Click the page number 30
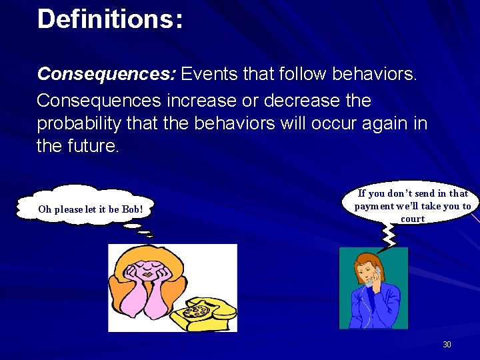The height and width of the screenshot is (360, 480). point(447,345)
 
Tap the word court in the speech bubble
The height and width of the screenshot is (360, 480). point(413,219)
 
